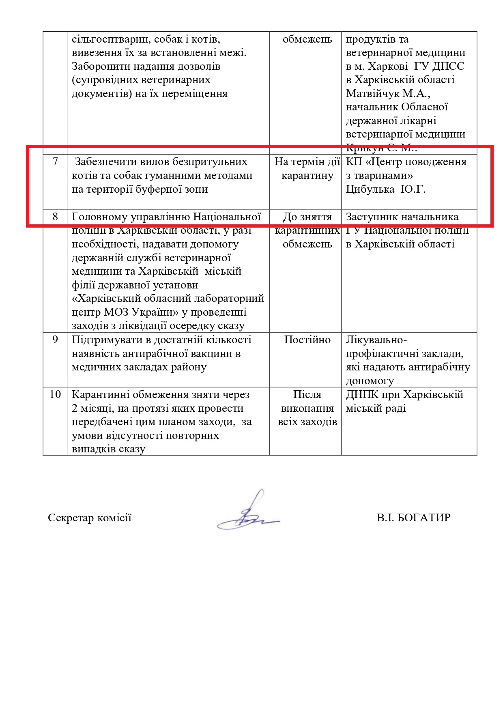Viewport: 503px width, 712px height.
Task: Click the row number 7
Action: tap(55, 162)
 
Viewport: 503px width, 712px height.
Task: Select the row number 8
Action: tap(55, 217)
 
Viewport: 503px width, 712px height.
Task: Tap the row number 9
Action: tap(55, 340)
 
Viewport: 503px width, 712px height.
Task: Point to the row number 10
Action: tap(55, 394)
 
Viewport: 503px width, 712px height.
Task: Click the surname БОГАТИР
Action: tap(426, 518)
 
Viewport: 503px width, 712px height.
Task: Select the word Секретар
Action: tap(69, 518)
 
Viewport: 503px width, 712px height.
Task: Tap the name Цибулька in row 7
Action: tap(370, 189)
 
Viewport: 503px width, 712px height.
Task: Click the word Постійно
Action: tap(307, 340)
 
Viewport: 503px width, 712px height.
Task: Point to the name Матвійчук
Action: tap(373, 94)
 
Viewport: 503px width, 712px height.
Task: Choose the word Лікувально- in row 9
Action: tap(376, 340)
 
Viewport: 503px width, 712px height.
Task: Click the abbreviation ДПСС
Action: tap(448, 67)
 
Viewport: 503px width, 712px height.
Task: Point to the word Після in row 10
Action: tap(307, 395)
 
